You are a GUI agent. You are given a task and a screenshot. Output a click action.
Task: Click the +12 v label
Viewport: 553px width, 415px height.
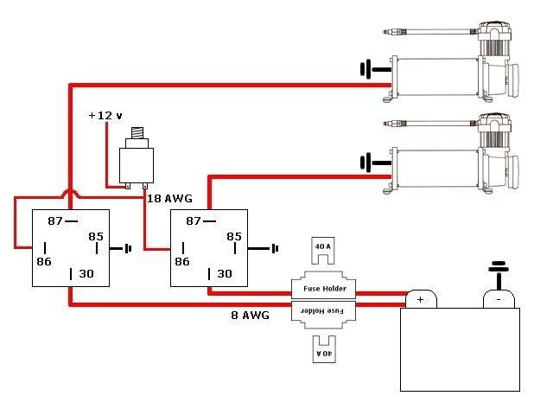click(105, 116)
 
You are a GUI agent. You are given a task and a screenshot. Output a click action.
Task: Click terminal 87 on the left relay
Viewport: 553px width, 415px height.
click(56, 221)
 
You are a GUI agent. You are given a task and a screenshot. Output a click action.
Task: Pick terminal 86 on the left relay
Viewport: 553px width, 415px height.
click(43, 259)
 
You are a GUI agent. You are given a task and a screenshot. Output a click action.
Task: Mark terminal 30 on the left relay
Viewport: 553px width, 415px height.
click(86, 273)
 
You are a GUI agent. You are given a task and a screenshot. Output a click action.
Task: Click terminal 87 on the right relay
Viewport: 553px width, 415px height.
click(194, 221)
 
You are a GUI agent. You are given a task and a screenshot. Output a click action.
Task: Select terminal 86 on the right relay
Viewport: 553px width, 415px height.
click(181, 259)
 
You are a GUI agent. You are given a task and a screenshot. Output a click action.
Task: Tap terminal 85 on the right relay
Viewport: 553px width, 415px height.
click(233, 235)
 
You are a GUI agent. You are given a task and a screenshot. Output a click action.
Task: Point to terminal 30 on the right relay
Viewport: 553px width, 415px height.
click(224, 273)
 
